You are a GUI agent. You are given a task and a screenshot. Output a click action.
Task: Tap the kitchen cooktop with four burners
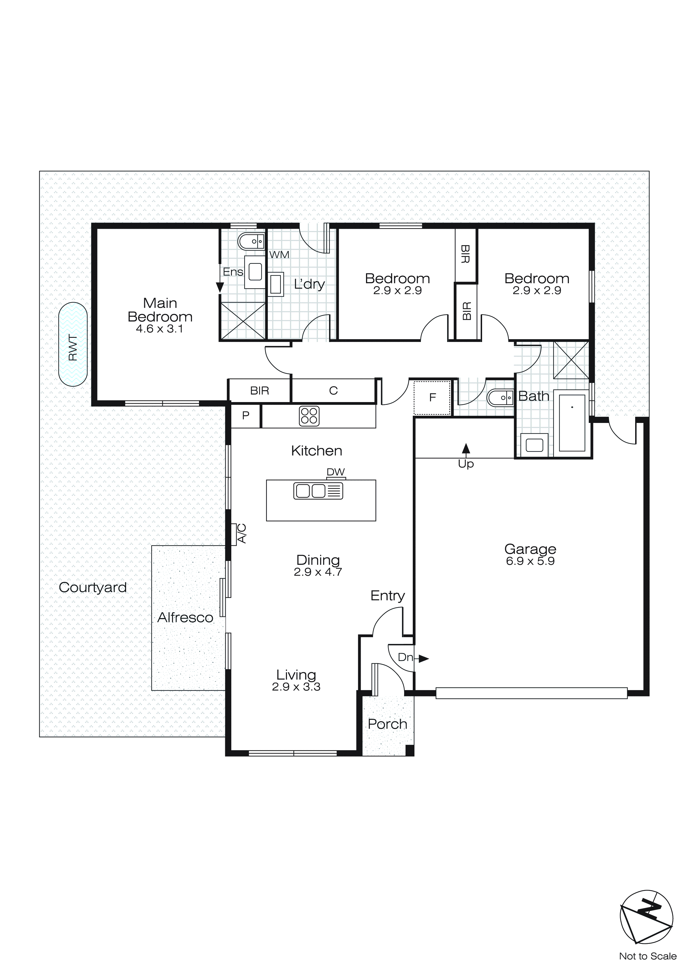tap(309, 416)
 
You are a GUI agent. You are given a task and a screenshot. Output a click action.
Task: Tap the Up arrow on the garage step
tap(466, 449)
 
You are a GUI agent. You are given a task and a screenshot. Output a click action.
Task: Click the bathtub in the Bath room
tap(572, 423)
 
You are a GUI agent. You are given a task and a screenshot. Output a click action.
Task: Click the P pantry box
tap(245, 415)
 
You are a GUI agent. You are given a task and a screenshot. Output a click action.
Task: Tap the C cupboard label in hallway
tap(333, 391)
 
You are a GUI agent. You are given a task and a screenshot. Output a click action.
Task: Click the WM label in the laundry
tap(279, 255)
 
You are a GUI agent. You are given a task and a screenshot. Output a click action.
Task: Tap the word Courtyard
tap(93, 587)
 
